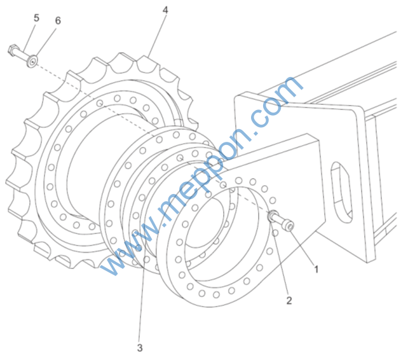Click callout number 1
click(316, 269)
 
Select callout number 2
click(289, 300)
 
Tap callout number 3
click(140, 348)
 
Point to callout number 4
click(165, 10)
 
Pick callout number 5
click(36, 18)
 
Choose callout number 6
click(58, 20)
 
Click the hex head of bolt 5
click(12, 50)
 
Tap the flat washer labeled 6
click(32, 62)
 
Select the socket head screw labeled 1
click(283, 221)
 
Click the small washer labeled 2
click(273, 216)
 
